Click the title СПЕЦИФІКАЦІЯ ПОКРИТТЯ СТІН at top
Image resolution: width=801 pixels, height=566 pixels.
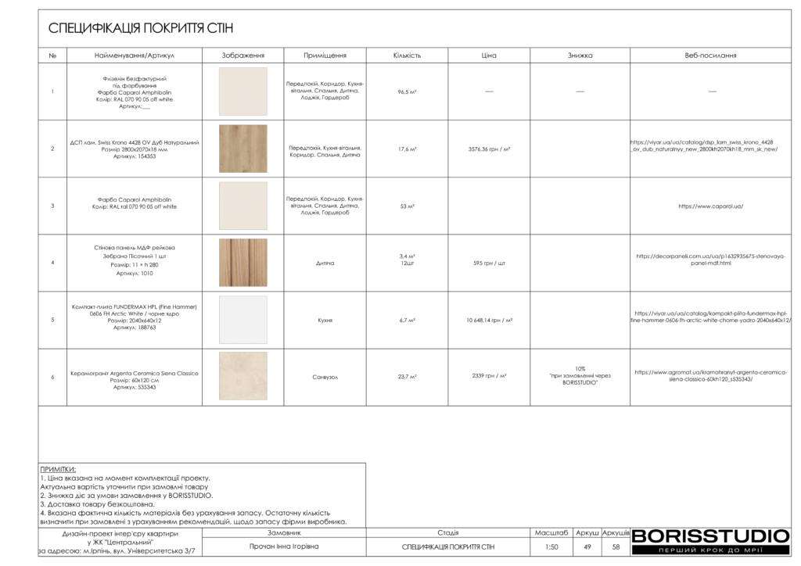click(141, 29)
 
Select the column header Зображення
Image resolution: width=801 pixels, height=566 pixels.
click(242, 56)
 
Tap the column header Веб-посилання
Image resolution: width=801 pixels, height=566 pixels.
click(710, 56)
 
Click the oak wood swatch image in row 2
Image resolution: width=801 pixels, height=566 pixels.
click(242, 149)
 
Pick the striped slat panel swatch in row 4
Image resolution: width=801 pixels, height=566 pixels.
click(242, 263)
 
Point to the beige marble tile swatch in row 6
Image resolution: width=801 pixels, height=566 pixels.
click(242, 377)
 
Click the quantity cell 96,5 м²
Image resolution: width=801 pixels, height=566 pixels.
click(407, 92)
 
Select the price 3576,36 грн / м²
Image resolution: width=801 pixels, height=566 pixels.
click(489, 149)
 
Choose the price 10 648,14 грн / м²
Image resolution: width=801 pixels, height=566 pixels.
click(489, 321)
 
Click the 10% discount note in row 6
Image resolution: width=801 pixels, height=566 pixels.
click(580, 376)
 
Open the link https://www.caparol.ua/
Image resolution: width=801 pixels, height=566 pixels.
click(710, 206)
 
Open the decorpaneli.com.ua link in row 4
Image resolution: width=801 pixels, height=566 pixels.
click(710, 260)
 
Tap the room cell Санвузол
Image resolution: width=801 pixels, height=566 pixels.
click(325, 377)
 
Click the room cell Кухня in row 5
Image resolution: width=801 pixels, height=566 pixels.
click(325, 321)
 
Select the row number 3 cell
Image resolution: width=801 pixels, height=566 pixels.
click(52, 206)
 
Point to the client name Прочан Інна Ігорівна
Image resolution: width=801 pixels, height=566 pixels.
click(284, 547)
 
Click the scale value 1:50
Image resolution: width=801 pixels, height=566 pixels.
click(551, 547)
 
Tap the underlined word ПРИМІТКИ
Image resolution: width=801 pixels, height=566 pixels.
click(58, 469)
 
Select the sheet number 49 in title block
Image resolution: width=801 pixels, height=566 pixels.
click(587, 547)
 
